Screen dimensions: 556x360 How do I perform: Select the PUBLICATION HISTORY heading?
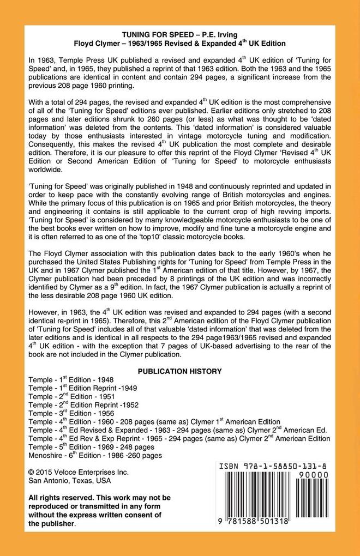pyautogui.click(x=179, y=371)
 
